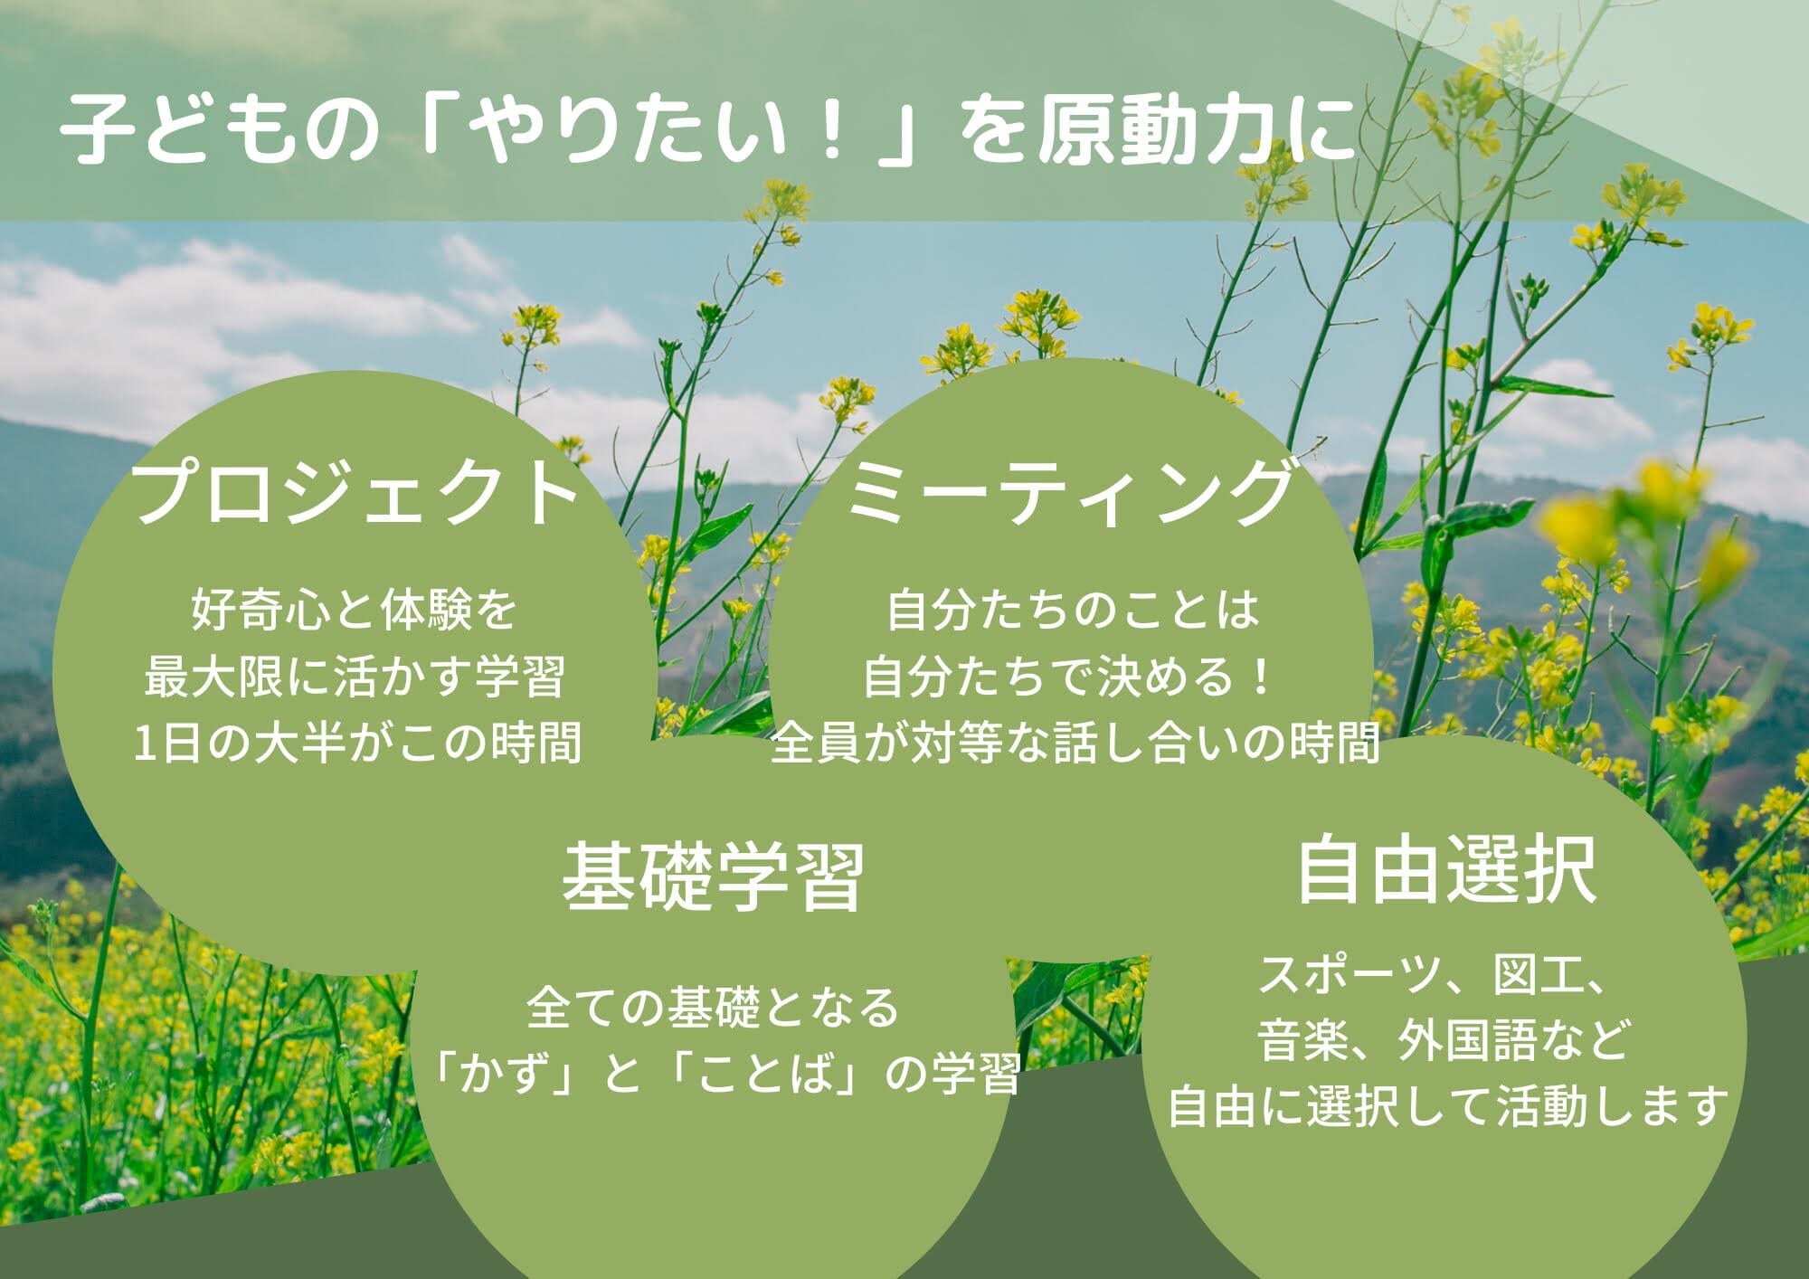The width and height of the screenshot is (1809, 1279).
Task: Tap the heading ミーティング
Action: (x=1069, y=492)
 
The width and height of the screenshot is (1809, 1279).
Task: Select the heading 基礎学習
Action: (x=714, y=876)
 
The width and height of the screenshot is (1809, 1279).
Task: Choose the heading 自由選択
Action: (x=1446, y=870)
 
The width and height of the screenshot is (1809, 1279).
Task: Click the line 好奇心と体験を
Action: (x=354, y=610)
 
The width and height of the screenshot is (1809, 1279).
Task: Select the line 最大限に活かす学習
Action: (x=354, y=677)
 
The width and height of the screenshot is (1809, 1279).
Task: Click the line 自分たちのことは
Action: (x=1073, y=610)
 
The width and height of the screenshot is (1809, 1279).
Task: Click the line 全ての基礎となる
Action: (x=712, y=1008)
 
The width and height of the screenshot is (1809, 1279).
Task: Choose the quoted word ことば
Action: (x=765, y=1075)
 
